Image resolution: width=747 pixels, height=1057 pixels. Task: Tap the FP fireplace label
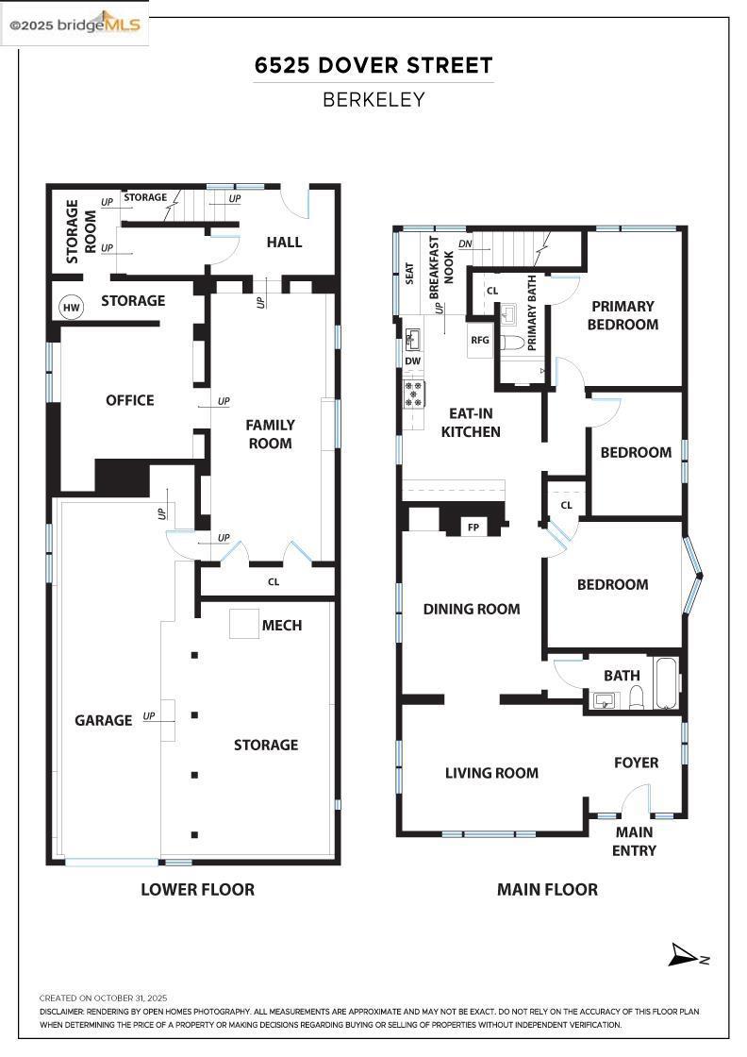(473, 528)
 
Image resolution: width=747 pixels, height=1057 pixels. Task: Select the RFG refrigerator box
(480, 340)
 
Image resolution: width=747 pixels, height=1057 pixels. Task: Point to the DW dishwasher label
(413, 361)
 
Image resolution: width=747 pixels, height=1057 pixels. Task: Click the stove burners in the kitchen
(414, 393)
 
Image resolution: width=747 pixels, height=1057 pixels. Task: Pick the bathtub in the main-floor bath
(665, 682)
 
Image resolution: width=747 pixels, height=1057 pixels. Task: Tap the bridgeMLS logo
(75, 25)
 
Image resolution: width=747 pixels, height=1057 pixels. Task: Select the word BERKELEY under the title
(373, 99)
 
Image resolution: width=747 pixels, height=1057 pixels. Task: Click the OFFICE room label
(130, 400)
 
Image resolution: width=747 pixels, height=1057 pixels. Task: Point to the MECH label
(282, 625)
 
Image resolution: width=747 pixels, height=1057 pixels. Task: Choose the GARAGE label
(104, 720)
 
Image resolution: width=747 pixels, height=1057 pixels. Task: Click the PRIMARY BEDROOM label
(622, 315)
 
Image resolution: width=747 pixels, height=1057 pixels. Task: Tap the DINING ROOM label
(472, 609)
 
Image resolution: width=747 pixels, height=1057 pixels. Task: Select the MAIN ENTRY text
(635, 841)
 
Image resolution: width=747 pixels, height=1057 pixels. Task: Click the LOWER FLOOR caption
(197, 889)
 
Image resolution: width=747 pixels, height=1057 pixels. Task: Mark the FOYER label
(637, 763)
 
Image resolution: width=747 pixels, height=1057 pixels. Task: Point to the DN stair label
(465, 243)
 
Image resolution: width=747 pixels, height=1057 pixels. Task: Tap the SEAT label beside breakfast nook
(409, 272)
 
